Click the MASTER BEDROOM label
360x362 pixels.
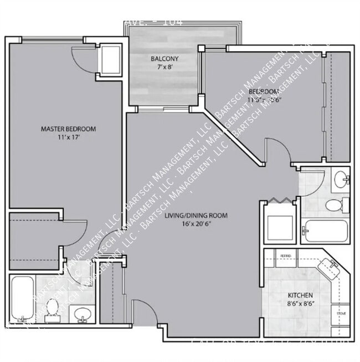click(x=68, y=129)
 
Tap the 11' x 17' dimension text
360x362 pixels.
click(x=68, y=137)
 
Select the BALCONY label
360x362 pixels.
click(x=164, y=58)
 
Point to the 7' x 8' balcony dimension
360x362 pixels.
click(x=164, y=67)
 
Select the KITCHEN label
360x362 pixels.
click(x=301, y=295)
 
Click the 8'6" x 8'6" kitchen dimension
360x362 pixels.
click(x=301, y=304)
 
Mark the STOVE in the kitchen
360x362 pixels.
click(x=341, y=313)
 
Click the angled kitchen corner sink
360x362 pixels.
click(x=332, y=269)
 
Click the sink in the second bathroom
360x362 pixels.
click(x=341, y=179)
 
